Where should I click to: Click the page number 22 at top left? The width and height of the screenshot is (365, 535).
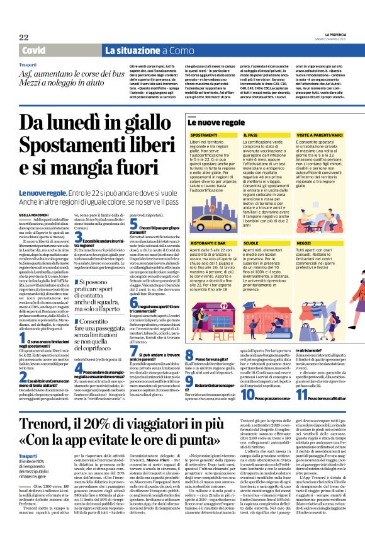pyautogui.click(x=23, y=37)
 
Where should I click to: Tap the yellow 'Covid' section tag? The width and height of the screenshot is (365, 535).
pyautogui.click(x=32, y=50)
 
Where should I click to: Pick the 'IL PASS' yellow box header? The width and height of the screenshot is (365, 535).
pyautogui.click(x=250, y=135)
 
